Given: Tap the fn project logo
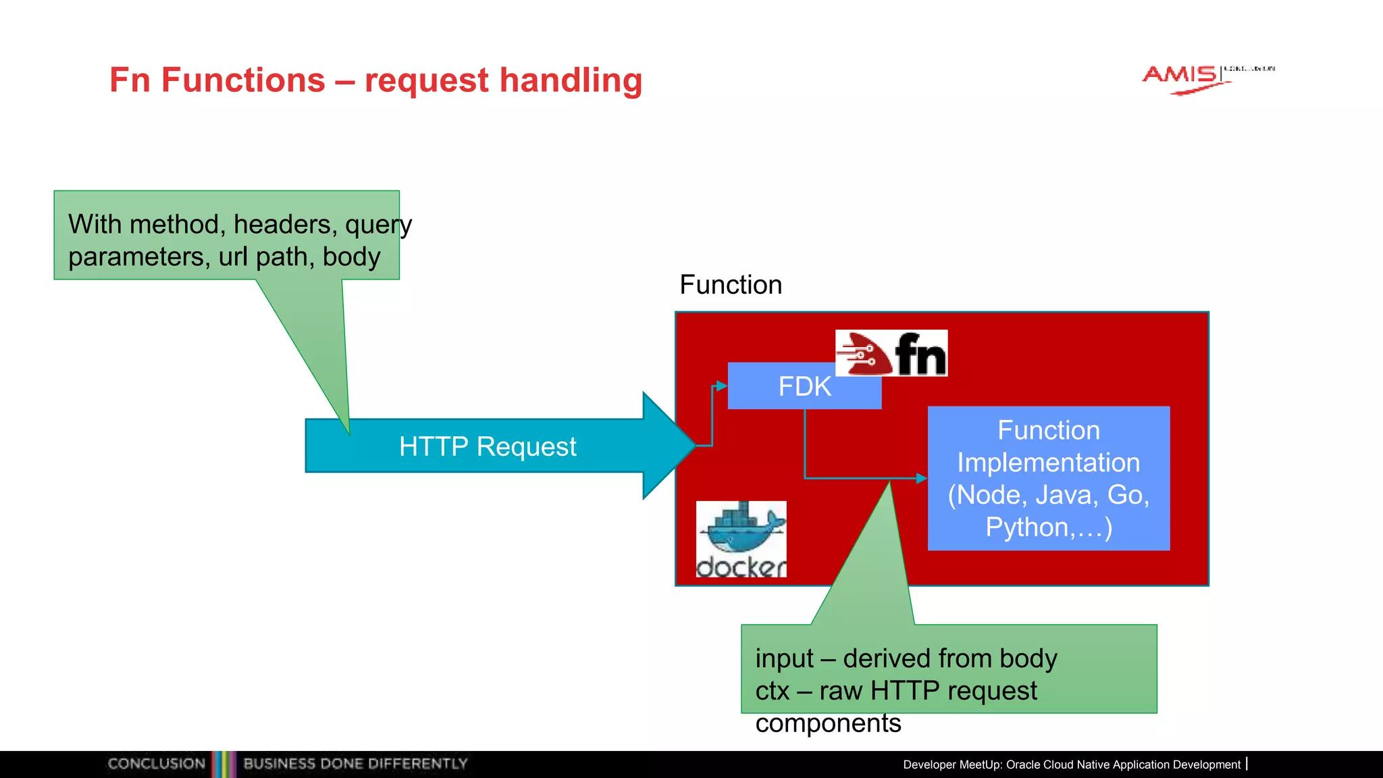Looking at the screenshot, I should tap(891, 353).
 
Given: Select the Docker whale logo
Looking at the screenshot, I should tap(741, 539).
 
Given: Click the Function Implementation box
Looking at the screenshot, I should tap(1048, 478).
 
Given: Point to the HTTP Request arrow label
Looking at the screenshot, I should tap(488, 446).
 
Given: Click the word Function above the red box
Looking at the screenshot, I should tap(731, 285).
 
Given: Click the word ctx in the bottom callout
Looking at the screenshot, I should tap(772, 692).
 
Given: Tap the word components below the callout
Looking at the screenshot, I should tap(828, 723).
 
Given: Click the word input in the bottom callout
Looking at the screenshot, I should tap(784, 659).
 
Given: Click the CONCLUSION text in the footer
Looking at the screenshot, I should tap(156, 764).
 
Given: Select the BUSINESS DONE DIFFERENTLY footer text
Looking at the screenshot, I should tap(355, 764).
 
